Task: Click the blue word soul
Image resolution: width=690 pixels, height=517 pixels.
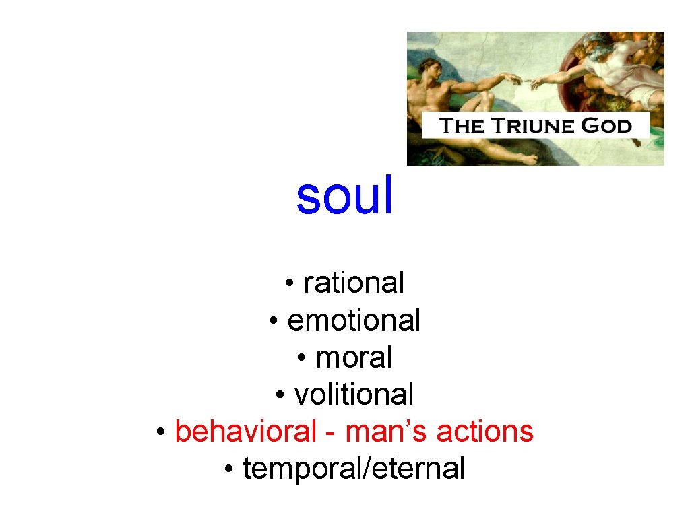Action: click(344, 196)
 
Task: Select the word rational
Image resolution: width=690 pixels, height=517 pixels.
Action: click(354, 283)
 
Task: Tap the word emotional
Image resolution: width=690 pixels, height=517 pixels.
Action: click(354, 320)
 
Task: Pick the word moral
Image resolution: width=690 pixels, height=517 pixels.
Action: click(354, 357)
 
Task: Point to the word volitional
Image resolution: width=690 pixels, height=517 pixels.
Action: click(354, 394)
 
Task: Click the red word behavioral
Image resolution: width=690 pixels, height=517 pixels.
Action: click(245, 431)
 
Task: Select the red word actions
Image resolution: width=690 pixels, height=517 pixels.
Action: click(485, 431)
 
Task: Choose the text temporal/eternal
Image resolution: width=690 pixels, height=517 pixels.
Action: click(354, 469)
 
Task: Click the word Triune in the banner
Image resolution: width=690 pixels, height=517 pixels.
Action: click(536, 126)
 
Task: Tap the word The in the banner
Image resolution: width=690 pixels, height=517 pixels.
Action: click(462, 126)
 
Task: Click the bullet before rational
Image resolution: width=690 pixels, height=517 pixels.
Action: click(288, 284)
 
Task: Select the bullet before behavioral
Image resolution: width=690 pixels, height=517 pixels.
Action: click(160, 432)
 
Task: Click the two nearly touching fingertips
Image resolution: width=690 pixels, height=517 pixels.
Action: click(526, 83)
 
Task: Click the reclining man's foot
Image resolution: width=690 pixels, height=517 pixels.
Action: click(526, 159)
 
